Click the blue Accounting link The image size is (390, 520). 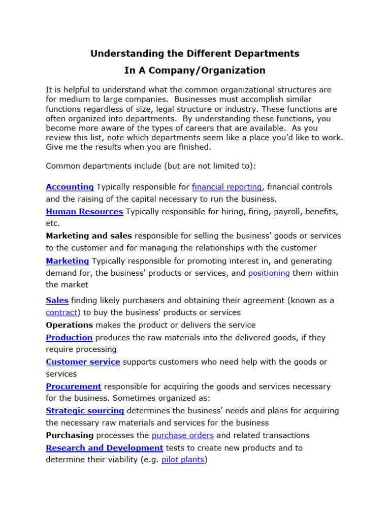[70, 187]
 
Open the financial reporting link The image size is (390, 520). [226, 187]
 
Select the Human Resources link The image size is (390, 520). [84, 211]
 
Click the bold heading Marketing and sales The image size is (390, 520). [89, 236]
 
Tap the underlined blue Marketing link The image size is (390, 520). [67, 261]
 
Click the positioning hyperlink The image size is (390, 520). [269, 273]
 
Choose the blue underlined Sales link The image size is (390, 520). [57, 300]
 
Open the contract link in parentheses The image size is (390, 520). [61, 312]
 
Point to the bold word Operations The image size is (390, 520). [69, 325]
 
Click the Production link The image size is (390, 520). [69, 338]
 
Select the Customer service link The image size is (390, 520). [83, 362]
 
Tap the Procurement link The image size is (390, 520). [74, 386]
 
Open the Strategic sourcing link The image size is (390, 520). [85, 411]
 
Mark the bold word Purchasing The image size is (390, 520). [70, 435]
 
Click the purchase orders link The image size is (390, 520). [182, 435]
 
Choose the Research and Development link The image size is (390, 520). [104, 448]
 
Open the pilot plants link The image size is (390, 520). [183, 460]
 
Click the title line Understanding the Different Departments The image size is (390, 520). [195, 53]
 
